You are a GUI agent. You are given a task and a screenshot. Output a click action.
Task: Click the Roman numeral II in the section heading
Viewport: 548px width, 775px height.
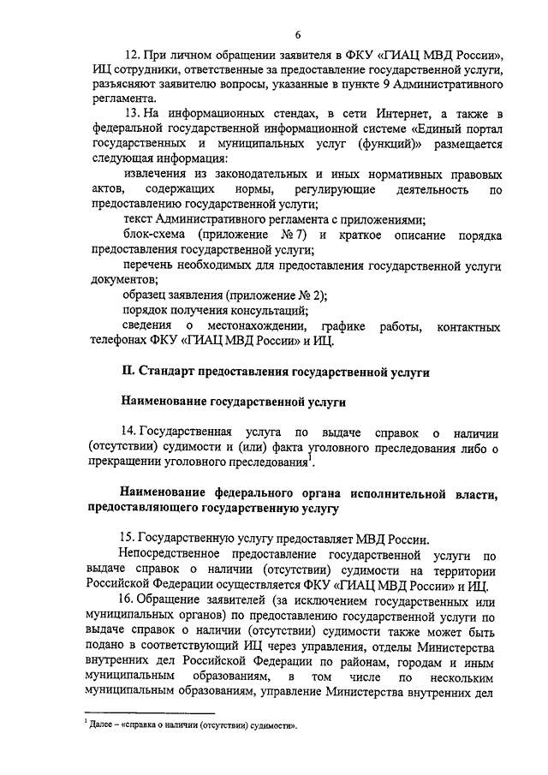[126, 373]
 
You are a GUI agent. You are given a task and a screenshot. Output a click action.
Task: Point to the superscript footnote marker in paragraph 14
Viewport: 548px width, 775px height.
[313, 461]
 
